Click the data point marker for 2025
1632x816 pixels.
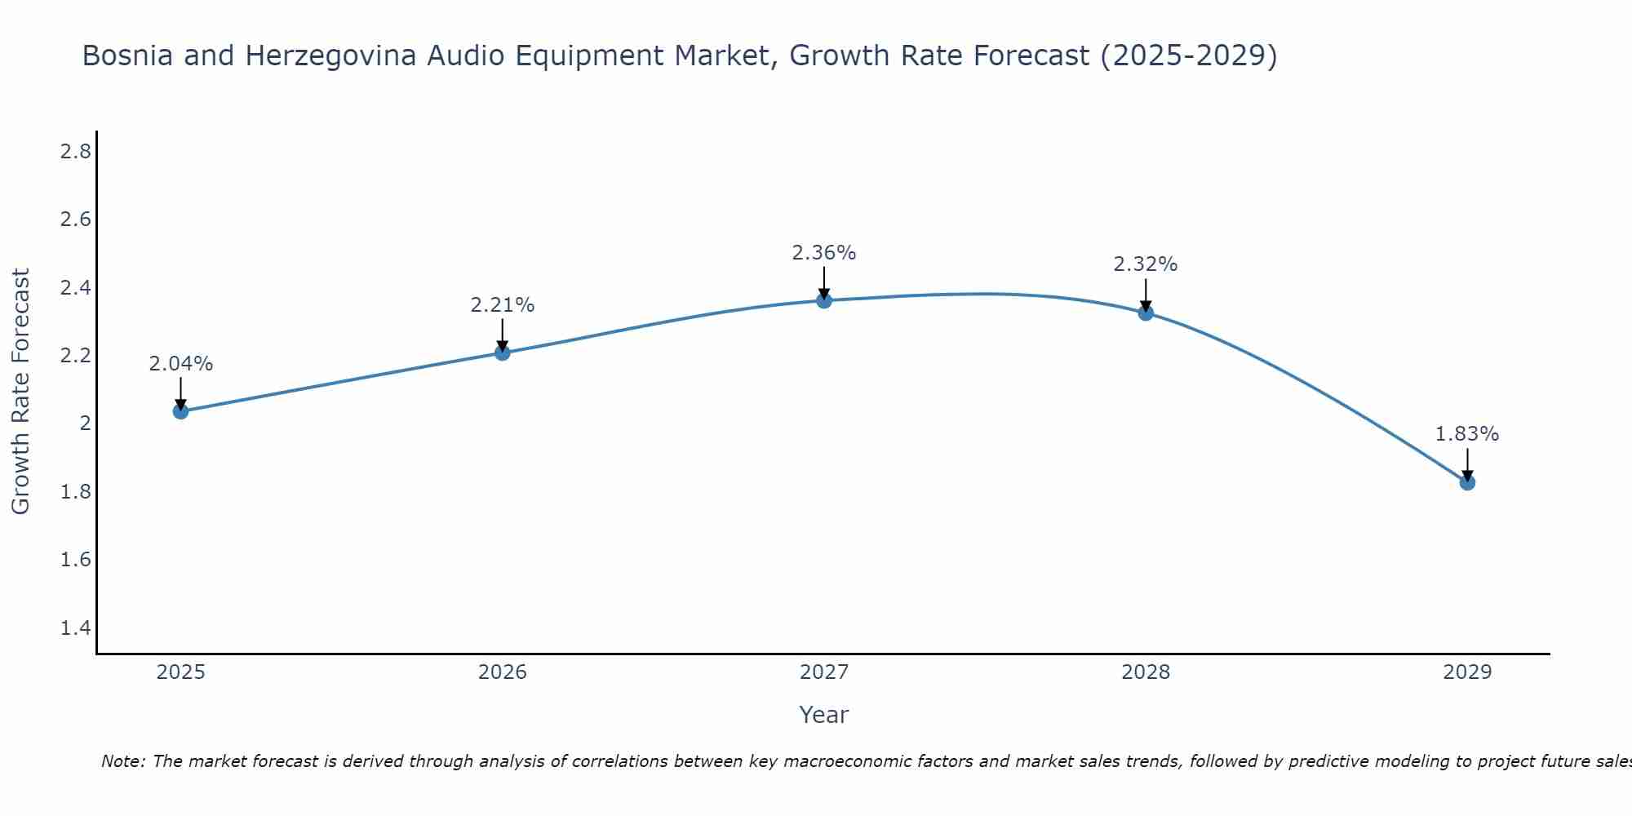point(181,411)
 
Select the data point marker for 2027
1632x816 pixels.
point(824,300)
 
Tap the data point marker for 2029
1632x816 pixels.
point(1467,482)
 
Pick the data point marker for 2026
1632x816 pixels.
point(503,353)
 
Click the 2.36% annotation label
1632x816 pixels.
point(824,253)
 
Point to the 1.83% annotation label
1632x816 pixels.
point(1467,434)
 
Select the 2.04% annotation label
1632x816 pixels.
point(181,364)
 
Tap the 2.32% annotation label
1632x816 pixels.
point(1146,264)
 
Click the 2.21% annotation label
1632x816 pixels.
point(503,305)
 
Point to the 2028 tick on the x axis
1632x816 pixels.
point(1146,672)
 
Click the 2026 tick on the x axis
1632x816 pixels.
point(503,672)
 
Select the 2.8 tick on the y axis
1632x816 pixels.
point(76,152)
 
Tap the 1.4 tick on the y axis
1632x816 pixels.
point(76,628)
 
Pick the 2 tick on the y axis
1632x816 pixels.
point(85,424)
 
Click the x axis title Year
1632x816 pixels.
point(824,715)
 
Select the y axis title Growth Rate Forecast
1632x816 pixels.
point(21,392)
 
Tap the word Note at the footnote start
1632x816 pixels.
point(122,761)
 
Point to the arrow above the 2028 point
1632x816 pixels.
point(1146,294)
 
